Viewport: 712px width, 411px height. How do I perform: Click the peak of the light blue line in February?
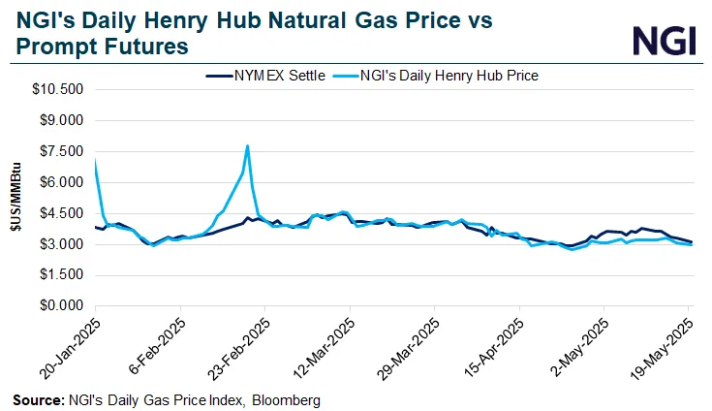click(248, 146)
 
